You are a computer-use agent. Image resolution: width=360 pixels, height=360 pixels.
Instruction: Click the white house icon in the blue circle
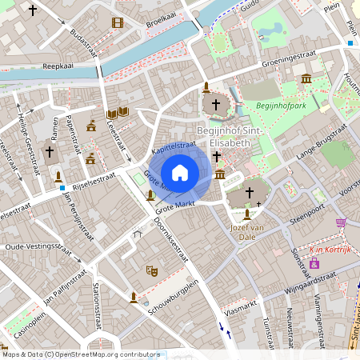[180, 173]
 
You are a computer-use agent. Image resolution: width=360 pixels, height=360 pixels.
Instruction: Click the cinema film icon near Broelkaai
[118, 22]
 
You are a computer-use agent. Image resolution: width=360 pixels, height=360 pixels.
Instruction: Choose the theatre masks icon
[150, 271]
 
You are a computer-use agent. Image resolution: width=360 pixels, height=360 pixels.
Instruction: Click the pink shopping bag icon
[314, 262]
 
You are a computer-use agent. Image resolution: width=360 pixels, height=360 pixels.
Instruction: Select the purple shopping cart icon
[341, 222]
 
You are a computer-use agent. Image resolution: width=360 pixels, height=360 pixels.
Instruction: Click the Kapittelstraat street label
[174, 147]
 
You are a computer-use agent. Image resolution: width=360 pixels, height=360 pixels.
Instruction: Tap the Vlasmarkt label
[241, 315]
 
